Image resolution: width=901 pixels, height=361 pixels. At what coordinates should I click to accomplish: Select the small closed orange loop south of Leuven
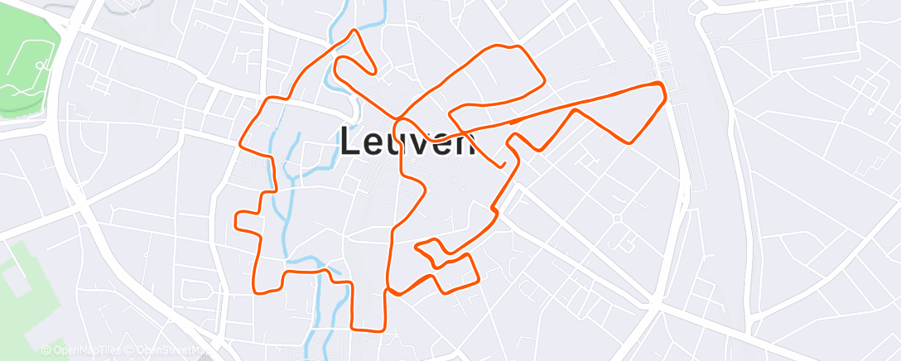pyautogui.click(x=430, y=250)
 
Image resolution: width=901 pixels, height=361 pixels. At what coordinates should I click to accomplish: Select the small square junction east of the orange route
pyautogui.click(x=617, y=218)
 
